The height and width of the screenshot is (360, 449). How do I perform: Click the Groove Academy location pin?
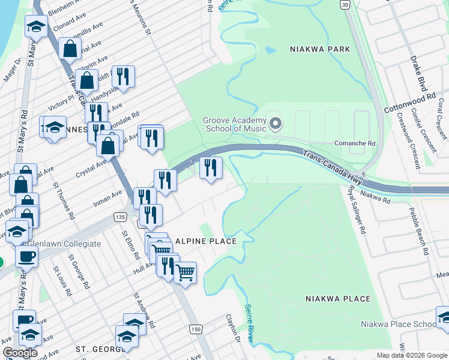point(276,124)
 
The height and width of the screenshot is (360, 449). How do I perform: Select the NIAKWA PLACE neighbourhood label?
point(337,298)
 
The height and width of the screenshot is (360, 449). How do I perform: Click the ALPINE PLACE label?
point(206,241)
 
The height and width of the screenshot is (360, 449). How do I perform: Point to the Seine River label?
point(249,323)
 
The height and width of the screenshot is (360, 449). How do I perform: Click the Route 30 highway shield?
point(344,4)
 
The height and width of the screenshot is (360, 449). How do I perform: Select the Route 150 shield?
point(196,329)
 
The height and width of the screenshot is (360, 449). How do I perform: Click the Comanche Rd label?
point(354,144)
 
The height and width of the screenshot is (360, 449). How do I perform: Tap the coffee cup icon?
point(26,257)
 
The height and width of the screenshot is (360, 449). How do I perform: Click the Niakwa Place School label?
point(399,325)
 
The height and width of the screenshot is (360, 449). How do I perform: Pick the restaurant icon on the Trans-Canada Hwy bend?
point(211,167)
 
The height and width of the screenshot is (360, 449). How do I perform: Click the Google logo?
point(20,353)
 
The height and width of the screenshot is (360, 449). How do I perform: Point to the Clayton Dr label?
point(233,328)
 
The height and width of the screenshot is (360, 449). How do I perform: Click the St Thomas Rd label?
point(64,200)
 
